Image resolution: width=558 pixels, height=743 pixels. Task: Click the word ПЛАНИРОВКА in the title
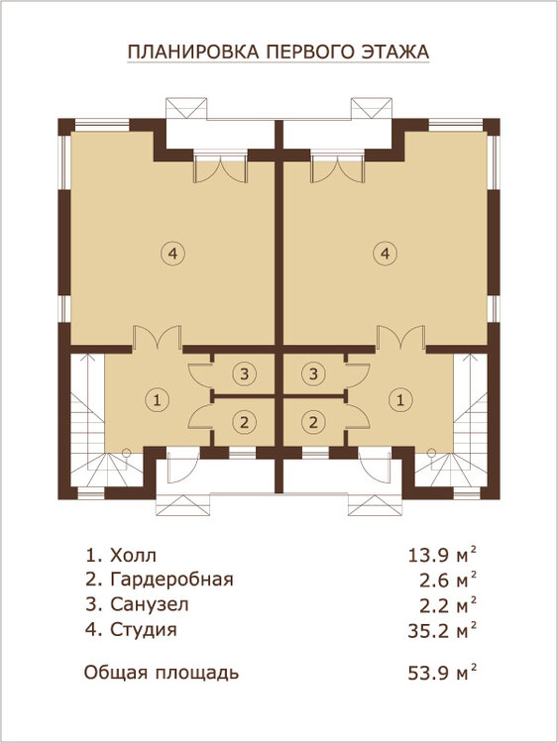[x=193, y=52]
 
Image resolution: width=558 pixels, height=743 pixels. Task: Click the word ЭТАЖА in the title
[x=395, y=52]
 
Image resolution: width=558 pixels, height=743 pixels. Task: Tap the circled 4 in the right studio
[x=385, y=254]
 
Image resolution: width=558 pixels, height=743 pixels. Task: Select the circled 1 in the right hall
[x=400, y=400]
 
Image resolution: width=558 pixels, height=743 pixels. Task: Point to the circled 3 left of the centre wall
[x=244, y=373]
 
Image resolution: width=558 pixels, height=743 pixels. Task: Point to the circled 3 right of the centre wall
[x=313, y=373]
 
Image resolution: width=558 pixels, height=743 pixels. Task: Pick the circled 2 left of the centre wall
[x=244, y=421]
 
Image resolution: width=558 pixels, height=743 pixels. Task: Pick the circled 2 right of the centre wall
[x=313, y=421]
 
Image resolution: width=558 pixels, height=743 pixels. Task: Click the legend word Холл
[x=133, y=555]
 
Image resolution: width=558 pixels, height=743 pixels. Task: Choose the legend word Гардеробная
[x=171, y=580]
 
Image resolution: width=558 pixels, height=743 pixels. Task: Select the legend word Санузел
[x=150, y=604]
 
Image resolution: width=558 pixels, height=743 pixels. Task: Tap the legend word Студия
[x=144, y=630]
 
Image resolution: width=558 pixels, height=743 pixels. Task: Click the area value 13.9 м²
[x=442, y=555]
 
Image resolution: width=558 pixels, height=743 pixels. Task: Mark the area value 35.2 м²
[x=442, y=630]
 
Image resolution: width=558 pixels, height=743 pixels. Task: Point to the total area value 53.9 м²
[x=442, y=673]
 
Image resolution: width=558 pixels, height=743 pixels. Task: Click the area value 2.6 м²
[x=448, y=580]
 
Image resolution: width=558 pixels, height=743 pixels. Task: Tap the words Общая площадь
[x=162, y=673]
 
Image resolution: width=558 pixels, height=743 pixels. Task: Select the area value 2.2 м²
[x=448, y=605]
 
